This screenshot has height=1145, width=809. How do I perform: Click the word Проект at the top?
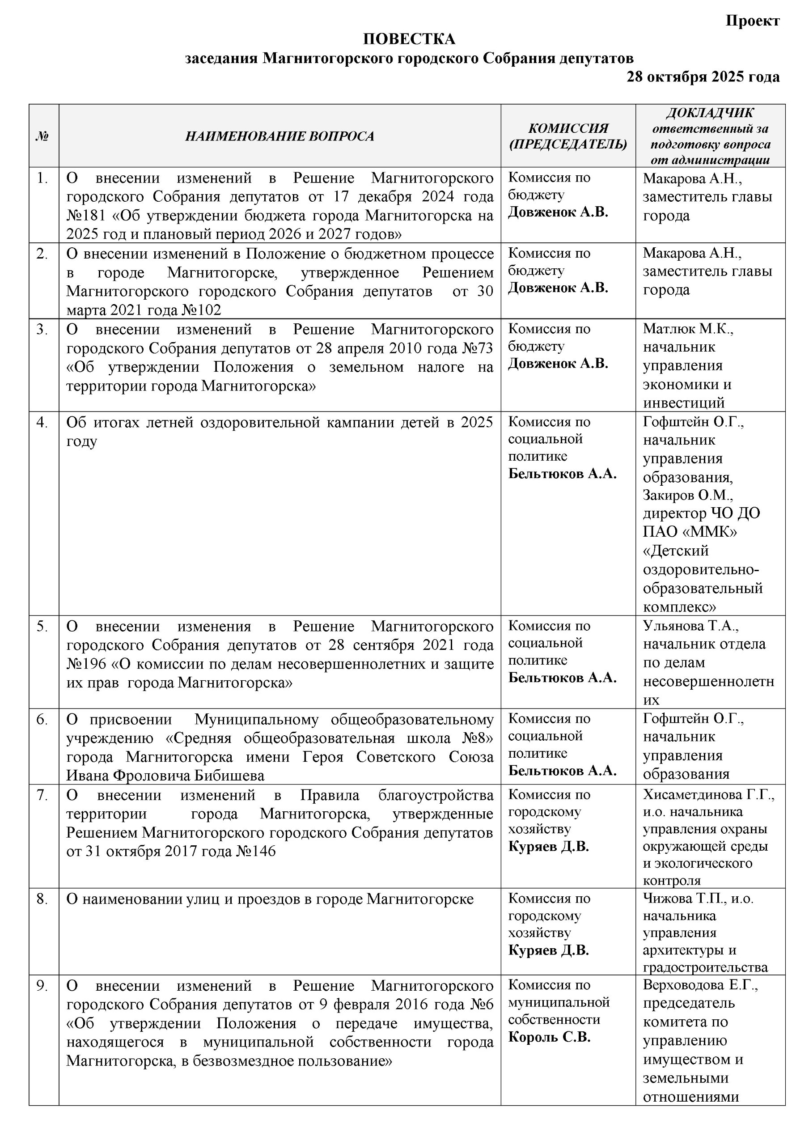tap(752, 21)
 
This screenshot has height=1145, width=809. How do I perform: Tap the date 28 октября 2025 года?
tap(703, 77)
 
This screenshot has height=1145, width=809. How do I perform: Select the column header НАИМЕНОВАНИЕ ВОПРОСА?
tap(280, 136)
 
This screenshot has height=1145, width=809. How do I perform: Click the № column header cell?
tap(43, 136)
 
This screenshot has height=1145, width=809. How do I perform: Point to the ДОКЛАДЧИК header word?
tap(710, 113)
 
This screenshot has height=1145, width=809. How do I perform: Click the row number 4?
tap(42, 422)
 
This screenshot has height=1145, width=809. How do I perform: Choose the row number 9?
tap(42, 986)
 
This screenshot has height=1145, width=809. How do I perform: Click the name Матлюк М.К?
tap(687, 329)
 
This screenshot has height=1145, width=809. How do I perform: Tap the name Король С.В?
tap(549, 1037)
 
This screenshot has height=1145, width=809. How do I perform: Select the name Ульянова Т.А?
tap(690, 626)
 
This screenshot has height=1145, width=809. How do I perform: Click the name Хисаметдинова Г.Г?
tap(708, 795)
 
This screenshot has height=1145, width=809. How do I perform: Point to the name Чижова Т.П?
tap(684, 899)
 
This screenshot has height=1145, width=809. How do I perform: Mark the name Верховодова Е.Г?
tap(700, 986)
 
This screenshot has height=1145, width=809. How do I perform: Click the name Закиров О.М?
tap(687, 495)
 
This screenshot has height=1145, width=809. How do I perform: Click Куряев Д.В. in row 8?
tap(548, 950)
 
